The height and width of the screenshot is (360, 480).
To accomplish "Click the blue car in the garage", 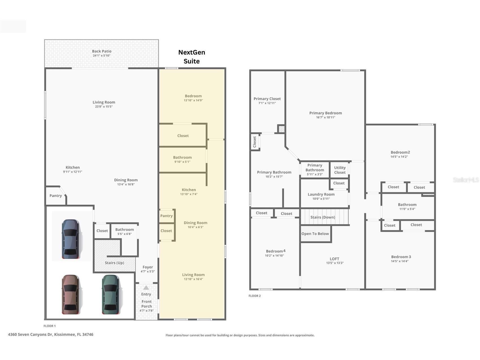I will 71,239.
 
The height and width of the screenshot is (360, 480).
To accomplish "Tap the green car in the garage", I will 111,294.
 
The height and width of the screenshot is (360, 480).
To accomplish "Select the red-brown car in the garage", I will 71,294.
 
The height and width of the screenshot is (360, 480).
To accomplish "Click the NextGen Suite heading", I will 191,57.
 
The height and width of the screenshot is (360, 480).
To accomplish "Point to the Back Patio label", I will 102,51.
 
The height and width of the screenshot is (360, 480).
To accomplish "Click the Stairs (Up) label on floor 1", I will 114,263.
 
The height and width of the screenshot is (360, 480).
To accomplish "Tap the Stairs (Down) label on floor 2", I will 322,217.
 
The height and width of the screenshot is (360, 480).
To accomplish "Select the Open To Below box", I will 315,234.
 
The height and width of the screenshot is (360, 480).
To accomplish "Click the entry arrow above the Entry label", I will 146,288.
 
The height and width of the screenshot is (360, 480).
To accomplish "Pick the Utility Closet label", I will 340,170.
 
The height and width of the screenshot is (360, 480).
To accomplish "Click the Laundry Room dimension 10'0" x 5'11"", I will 321,199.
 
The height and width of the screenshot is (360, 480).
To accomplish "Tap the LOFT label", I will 334,259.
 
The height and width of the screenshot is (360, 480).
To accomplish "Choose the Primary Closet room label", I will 267,99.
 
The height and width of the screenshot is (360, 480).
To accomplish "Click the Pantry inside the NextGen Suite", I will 166,216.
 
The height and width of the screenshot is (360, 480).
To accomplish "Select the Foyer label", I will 148,267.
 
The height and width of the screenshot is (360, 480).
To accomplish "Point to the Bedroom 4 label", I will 275,251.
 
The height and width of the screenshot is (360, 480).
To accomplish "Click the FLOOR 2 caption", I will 255,296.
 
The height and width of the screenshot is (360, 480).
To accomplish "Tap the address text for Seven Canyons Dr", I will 51,334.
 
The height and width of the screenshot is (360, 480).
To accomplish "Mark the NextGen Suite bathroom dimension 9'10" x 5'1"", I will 182,162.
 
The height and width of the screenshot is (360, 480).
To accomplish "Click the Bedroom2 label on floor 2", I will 400,152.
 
